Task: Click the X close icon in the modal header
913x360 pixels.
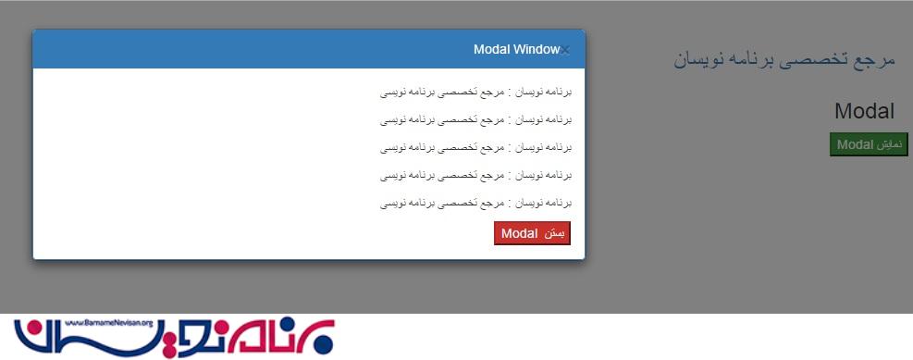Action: point(565,50)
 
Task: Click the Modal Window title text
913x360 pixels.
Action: point(516,50)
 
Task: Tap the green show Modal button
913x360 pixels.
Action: point(869,144)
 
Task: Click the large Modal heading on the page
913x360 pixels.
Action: point(864,111)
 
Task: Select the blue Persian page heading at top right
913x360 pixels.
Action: point(783,60)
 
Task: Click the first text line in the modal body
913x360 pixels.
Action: point(475,92)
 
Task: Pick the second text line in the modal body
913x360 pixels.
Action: point(475,120)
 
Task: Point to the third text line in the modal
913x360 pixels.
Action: point(475,148)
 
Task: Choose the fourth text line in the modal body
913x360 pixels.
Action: point(475,175)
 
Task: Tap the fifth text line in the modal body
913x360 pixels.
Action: point(475,204)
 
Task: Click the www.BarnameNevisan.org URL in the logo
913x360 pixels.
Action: point(109,323)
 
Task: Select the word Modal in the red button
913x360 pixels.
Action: point(519,233)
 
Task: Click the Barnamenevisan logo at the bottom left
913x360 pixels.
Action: point(174,337)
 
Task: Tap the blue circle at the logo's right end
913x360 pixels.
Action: point(324,343)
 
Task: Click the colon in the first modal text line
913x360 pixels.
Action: point(510,93)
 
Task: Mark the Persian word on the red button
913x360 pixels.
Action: point(555,233)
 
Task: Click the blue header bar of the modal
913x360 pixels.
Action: point(309,49)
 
